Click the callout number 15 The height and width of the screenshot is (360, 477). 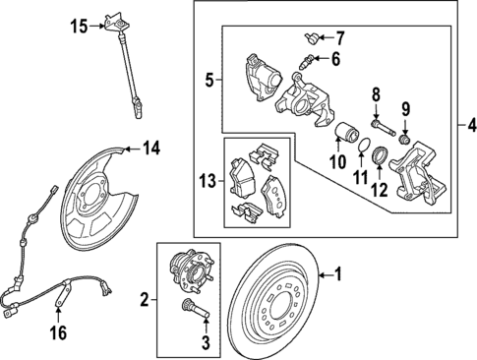click(80, 25)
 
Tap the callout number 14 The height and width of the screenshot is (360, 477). click(149, 150)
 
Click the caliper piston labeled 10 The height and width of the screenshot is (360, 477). click(344, 135)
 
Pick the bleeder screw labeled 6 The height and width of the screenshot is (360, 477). click(307, 61)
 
